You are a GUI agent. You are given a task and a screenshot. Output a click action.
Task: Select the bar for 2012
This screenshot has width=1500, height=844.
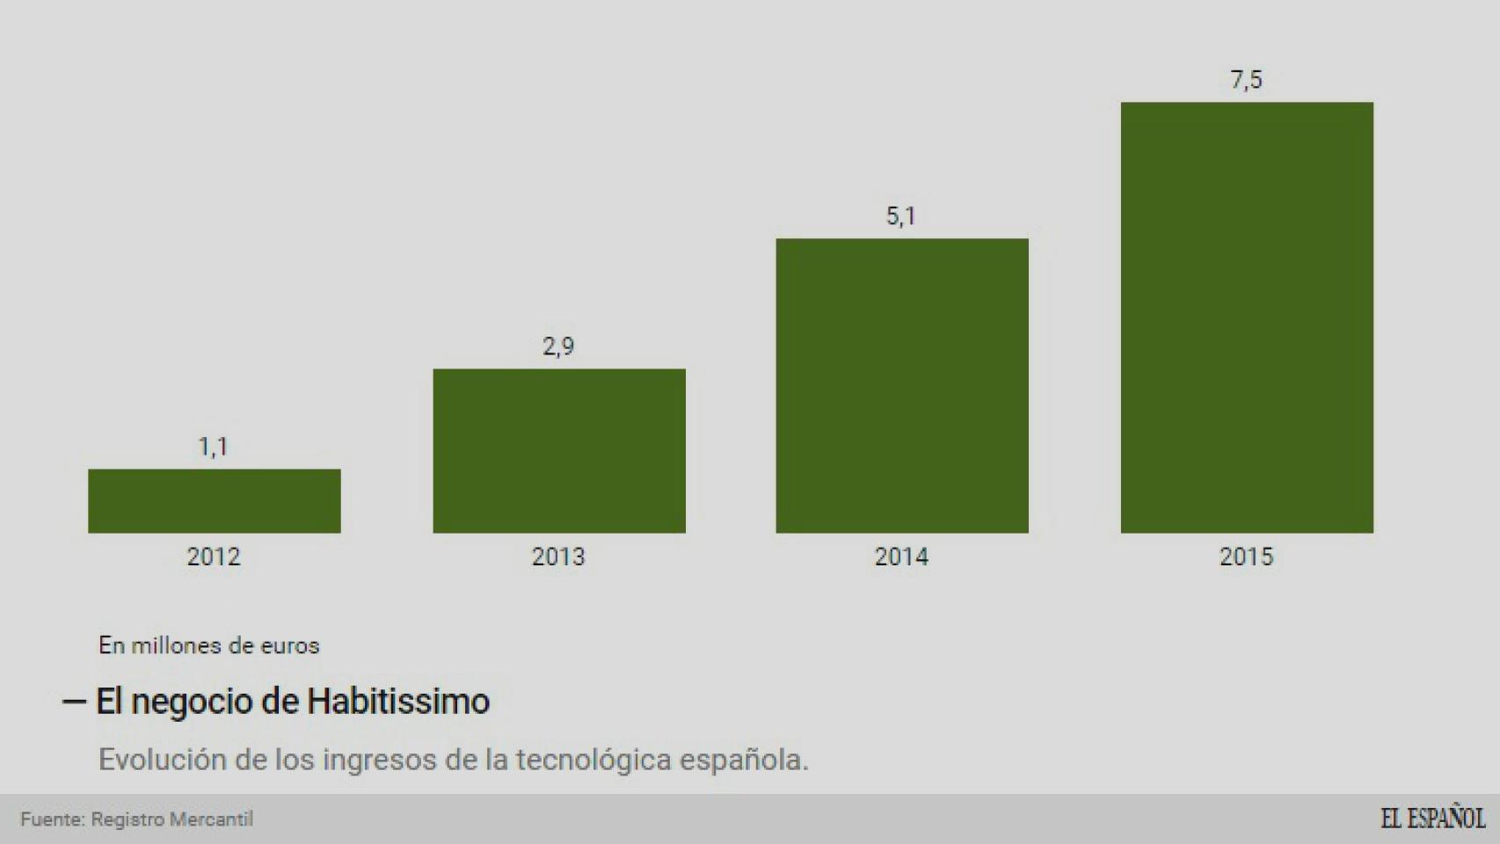click(x=214, y=501)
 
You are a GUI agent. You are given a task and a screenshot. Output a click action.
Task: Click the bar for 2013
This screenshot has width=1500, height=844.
click(x=559, y=451)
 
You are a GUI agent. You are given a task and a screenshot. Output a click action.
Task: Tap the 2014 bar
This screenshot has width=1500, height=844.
click(x=902, y=386)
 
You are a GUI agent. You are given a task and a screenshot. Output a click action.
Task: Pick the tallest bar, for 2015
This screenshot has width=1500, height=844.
click(x=1247, y=317)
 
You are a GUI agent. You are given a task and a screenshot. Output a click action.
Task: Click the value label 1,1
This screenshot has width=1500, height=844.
click(x=213, y=447)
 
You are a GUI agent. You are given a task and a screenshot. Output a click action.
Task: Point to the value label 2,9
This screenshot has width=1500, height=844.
click(x=558, y=346)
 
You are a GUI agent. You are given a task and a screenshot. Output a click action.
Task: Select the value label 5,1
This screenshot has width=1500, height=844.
click(x=901, y=216)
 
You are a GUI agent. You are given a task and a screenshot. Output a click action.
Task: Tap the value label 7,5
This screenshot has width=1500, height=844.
click(x=1246, y=80)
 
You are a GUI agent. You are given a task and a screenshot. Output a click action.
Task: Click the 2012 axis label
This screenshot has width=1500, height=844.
click(x=214, y=557)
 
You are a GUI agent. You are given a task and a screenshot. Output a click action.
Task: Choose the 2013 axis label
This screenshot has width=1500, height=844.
click(x=558, y=557)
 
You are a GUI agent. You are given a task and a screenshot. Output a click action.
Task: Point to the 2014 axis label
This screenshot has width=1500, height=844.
click(x=901, y=557)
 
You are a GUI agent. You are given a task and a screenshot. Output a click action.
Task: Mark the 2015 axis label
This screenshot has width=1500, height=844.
click(x=1246, y=557)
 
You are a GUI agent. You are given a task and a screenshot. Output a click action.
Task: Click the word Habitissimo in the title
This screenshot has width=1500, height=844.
click(x=397, y=702)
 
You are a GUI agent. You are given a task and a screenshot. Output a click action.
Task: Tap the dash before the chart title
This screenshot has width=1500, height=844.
click(x=74, y=702)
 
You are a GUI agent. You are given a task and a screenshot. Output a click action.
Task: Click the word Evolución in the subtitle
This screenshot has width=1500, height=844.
click(x=162, y=760)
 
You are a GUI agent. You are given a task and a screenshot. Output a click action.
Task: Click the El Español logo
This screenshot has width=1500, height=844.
click(x=1432, y=819)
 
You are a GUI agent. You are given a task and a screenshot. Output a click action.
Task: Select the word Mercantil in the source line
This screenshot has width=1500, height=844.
click(x=211, y=819)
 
